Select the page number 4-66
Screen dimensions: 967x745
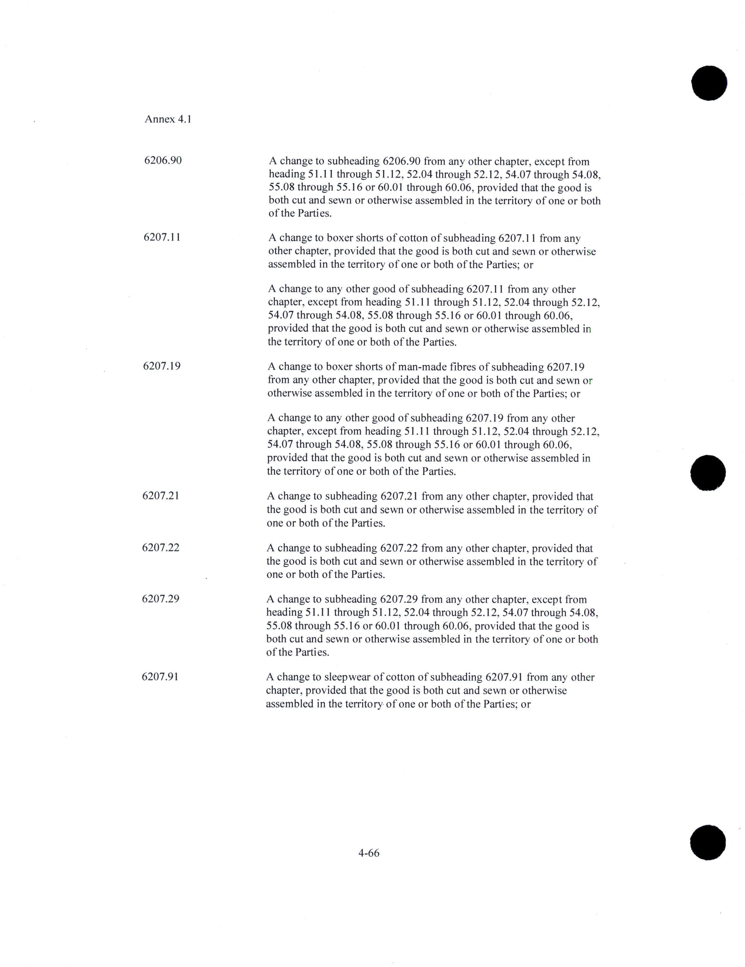369,853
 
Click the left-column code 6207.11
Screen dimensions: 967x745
162,237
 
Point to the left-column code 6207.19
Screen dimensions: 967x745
161,366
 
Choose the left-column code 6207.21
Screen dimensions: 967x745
161,496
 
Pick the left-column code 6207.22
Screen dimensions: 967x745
161,547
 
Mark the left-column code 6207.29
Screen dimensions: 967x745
161,599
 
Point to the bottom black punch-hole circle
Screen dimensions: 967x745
708,842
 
